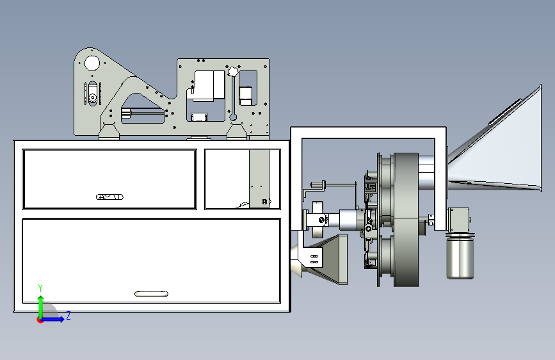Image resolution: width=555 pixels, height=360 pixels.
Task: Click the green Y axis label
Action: (40, 288)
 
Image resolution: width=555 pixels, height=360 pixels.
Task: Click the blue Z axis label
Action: (68, 315)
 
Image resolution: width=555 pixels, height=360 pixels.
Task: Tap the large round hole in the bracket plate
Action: (92, 63)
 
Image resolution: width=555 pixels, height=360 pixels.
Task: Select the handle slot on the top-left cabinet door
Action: (109, 197)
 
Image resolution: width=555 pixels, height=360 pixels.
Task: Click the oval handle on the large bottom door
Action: (152, 293)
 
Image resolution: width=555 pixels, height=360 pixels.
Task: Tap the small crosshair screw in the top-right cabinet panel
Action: (264, 202)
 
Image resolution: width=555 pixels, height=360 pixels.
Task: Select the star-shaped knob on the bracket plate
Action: (232, 72)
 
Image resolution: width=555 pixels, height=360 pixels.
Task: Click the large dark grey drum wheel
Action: (406, 220)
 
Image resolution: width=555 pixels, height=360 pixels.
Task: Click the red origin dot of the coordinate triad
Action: (40, 320)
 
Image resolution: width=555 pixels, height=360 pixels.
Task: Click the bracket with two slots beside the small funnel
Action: (312, 259)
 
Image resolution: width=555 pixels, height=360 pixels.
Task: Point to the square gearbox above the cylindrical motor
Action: (458, 220)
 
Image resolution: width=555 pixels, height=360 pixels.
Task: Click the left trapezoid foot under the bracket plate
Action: (109, 132)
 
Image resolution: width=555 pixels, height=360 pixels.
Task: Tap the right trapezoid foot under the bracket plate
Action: (237, 132)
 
